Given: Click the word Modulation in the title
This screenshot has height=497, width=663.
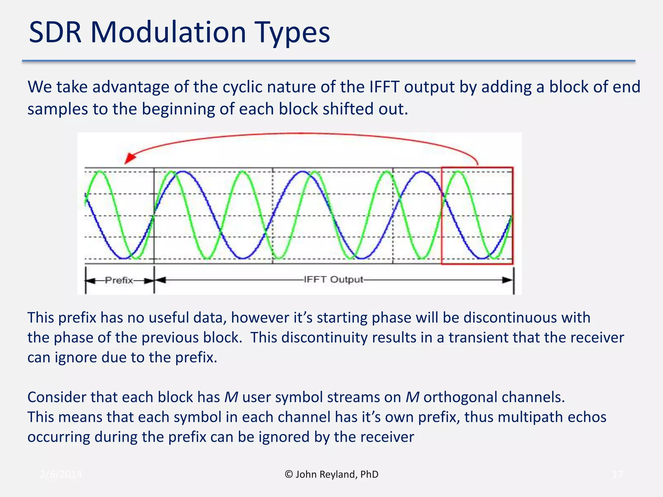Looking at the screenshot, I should pos(168,32).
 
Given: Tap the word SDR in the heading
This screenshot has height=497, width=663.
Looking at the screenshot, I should pos(55,32).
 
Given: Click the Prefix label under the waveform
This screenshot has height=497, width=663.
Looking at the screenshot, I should pos(119,280).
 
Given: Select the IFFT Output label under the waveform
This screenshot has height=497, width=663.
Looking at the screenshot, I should pos(333,280).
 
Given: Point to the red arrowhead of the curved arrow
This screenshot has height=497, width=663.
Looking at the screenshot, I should pos(129,159).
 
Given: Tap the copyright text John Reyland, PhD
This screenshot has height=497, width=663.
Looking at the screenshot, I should pos(332,474).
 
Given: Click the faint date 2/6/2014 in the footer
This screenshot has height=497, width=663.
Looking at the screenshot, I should pos(61,475).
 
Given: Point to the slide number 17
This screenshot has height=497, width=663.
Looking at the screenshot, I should pos(617,475).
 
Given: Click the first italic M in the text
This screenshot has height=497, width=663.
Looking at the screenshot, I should pos(231,397).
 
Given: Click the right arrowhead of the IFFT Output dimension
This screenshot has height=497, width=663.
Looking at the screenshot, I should pos(508,280).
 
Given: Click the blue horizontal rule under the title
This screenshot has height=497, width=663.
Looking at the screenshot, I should pos(328,61).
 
